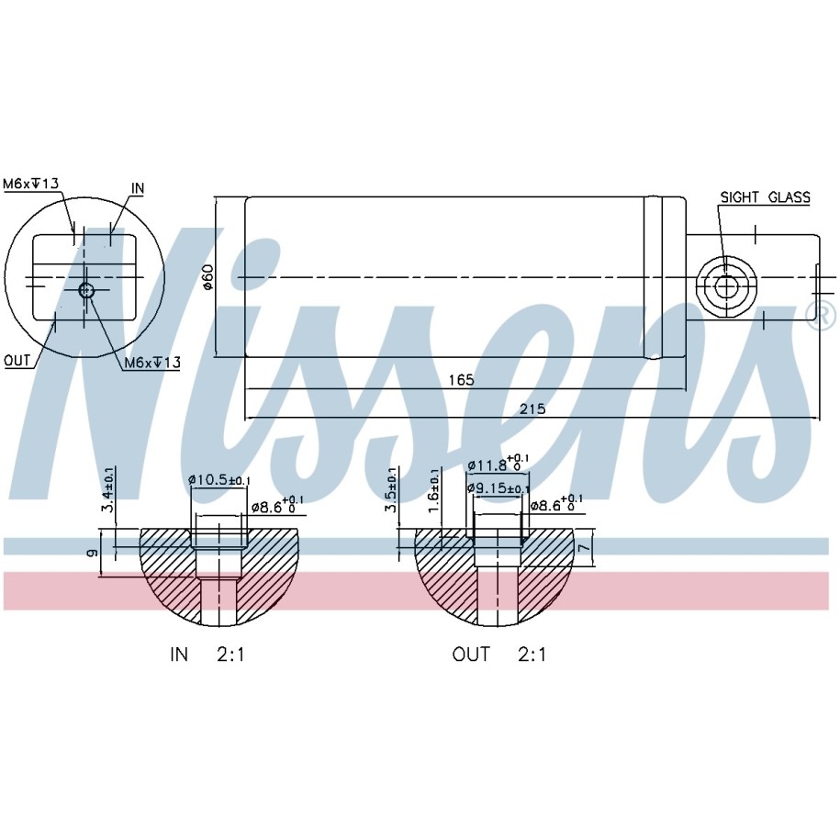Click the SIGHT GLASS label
(x=765, y=197)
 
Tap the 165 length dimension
(x=461, y=380)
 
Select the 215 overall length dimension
(x=532, y=409)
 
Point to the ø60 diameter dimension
(x=207, y=277)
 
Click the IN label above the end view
(x=138, y=188)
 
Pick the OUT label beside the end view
(x=17, y=361)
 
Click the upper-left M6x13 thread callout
(x=30, y=184)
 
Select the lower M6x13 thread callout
(x=152, y=363)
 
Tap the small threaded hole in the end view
(x=86, y=290)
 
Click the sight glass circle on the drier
(x=726, y=287)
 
